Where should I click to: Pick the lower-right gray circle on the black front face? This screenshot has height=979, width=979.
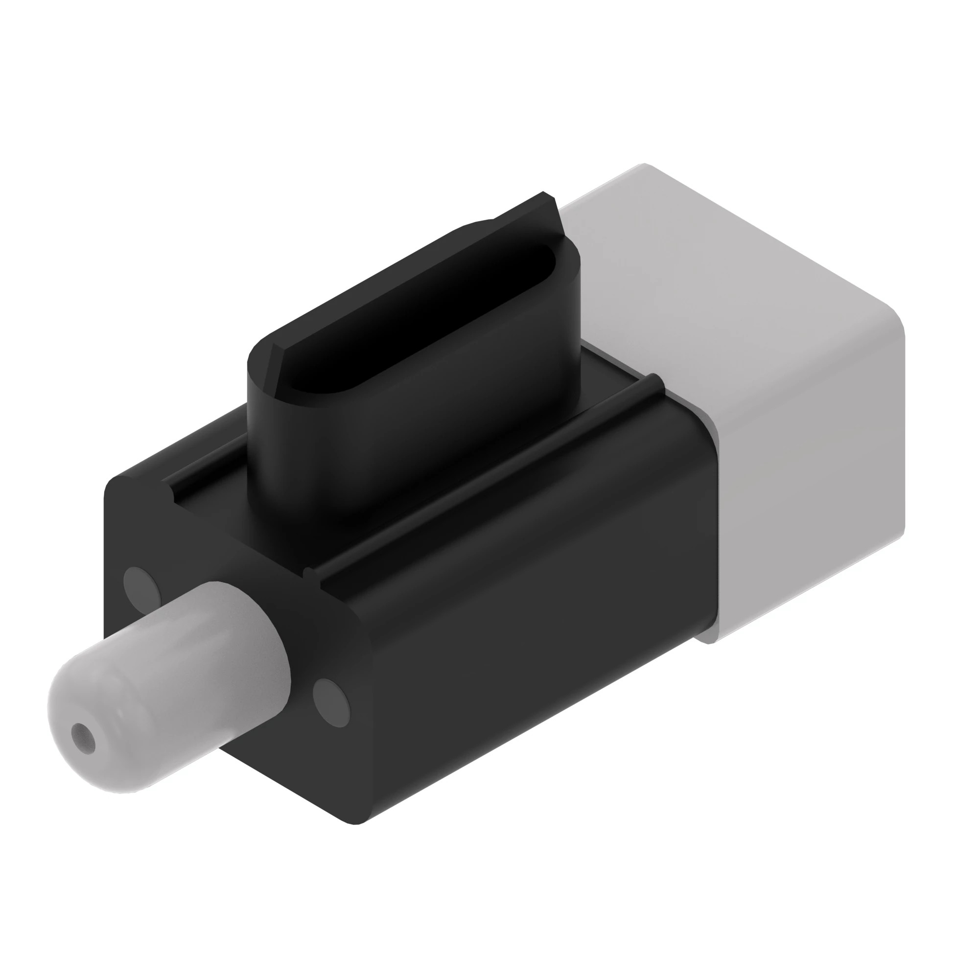(x=331, y=703)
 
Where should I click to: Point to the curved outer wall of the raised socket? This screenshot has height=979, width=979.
(x=405, y=446)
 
